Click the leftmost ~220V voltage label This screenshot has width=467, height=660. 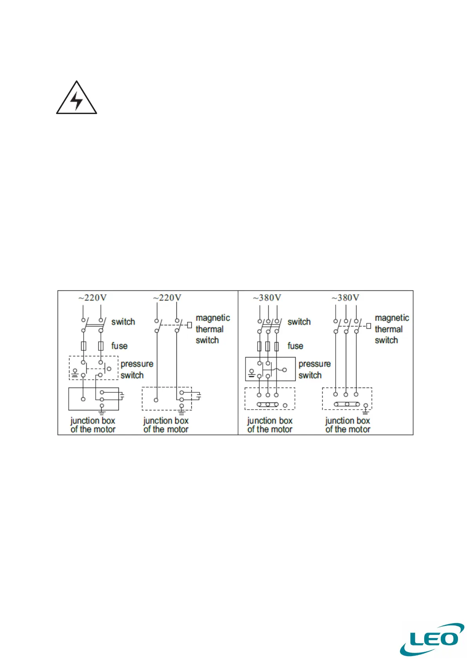pos(93,298)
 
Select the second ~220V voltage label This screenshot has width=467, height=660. pos(167,298)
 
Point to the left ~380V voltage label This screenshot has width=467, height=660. pos(267,298)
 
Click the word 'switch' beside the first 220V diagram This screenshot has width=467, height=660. pos(123,322)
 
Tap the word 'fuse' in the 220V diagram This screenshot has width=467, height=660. pos(119,346)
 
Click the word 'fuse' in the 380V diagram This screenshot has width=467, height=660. pos(295,346)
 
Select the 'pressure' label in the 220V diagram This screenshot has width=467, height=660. pos(137,364)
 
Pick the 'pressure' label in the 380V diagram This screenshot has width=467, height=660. pos(314,364)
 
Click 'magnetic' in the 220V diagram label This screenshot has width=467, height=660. pos(213,318)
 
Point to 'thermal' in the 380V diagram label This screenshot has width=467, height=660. pos(389,329)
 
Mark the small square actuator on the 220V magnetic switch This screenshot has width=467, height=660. pos(189,325)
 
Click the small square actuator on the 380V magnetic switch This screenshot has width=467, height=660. pos(369,326)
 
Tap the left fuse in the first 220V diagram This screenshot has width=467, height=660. pos(84,346)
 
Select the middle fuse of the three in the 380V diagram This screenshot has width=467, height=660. pos(268,346)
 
